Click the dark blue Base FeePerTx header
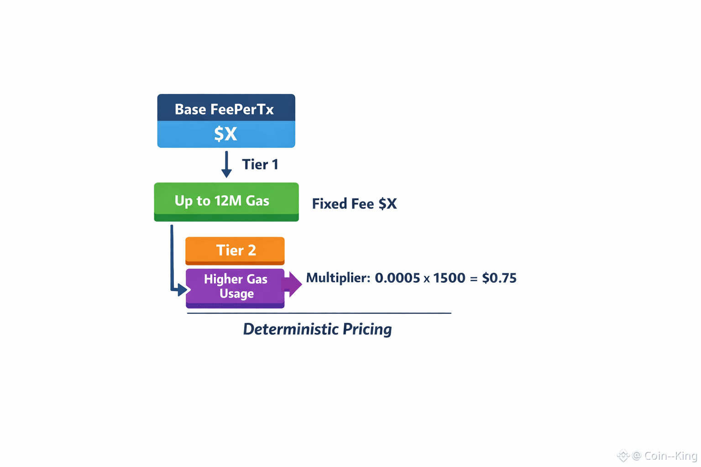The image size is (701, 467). pos(226,109)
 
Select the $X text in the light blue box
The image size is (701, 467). pos(225,134)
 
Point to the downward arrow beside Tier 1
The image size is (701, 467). pos(226,165)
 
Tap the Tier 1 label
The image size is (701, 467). pos(260,165)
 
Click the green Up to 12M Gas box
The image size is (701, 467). pos(226,201)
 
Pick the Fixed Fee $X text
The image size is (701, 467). pos(354,204)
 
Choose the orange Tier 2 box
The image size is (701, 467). pos(235,250)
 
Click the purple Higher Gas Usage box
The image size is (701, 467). pos(235,286)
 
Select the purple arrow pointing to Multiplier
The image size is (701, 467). pos(293,284)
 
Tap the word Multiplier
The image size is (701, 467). pos(338,278)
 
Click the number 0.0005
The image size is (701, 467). pos(397,278)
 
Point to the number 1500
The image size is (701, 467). pos(449,278)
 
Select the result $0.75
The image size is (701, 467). pos(499,278)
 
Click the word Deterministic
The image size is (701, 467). pos(290,329)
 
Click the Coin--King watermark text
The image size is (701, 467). pos(670,456)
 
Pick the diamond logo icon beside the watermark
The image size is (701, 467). pos(623,455)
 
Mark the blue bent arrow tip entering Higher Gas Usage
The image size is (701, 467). pos(183,290)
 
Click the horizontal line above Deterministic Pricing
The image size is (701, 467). pos(319,313)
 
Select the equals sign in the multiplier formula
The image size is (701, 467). pos(474,279)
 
